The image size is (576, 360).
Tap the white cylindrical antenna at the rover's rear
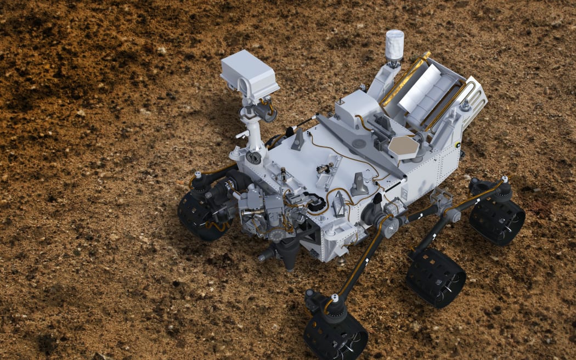coord(394,45)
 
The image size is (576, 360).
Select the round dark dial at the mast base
coord(253,158)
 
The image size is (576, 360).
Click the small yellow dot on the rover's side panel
coord(457,145)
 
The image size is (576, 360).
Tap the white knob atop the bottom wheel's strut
coord(335,298)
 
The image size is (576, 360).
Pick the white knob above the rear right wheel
coord(504,179)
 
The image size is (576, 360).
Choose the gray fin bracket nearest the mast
coord(298,140)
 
